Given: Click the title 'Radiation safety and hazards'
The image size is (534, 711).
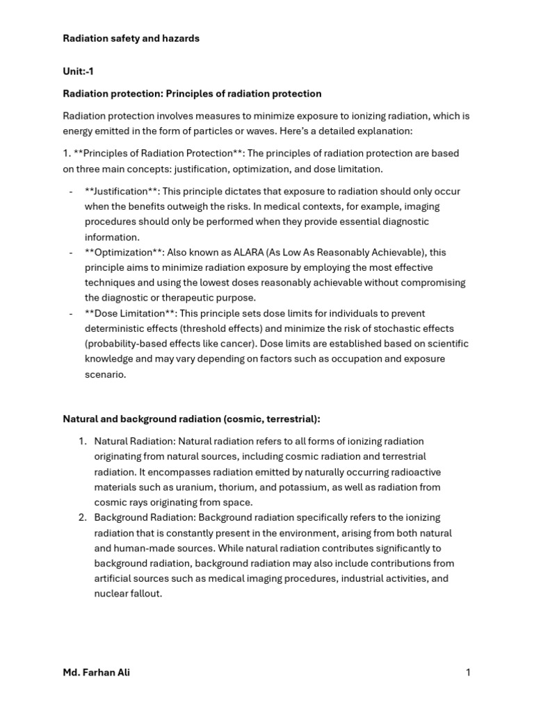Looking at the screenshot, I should click(x=131, y=38).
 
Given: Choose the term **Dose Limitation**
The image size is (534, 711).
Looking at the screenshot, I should click(x=129, y=313).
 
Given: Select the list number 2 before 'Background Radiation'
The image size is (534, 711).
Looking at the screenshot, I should click(x=82, y=517).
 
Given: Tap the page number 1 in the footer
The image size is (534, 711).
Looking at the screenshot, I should click(x=469, y=672).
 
